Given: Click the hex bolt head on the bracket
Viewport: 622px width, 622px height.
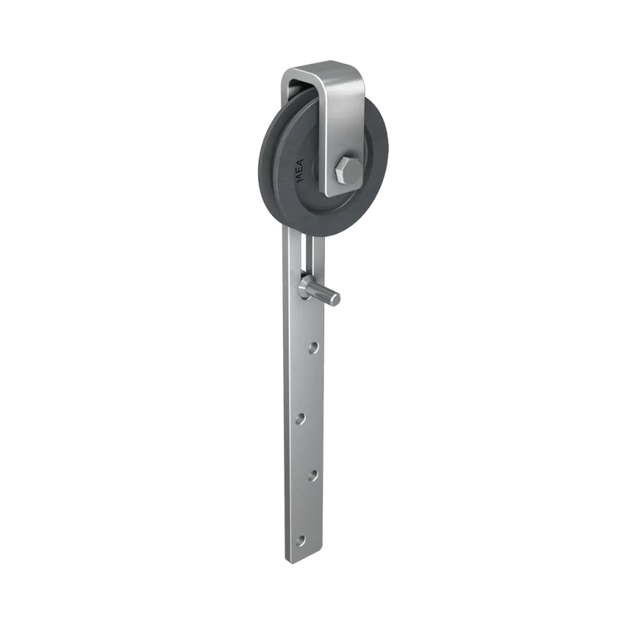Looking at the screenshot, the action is (348, 170).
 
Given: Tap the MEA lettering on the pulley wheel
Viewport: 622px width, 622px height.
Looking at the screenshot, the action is (300, 170).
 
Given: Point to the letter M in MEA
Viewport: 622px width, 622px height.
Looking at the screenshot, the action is (301, 178).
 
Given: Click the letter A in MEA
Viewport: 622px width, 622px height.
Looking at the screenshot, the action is (299, 163).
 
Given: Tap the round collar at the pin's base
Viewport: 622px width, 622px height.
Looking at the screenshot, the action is (306, 286).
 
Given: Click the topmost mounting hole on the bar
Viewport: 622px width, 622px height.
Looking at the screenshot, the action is (313, 348).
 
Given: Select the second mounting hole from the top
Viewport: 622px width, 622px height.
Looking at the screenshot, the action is (301, 418).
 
